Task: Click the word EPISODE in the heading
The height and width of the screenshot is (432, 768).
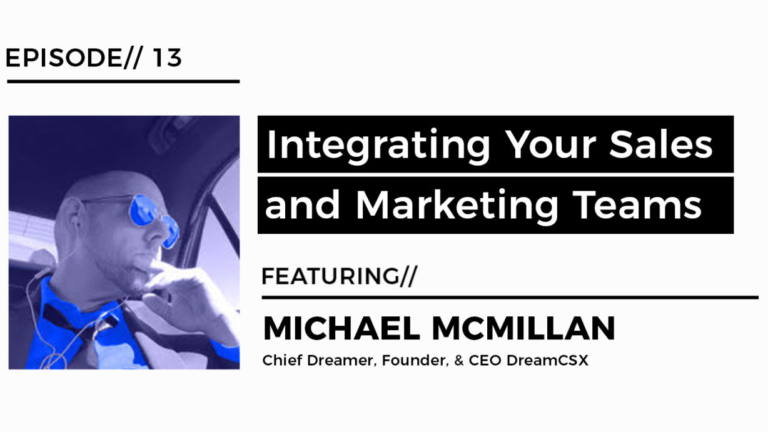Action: (x=64, y=58)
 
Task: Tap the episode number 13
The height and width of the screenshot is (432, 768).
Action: (x=167, y=58)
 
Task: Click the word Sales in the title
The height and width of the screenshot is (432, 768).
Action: (x=660, y=144)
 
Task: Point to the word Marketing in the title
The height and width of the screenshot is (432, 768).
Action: (x=457, y=205)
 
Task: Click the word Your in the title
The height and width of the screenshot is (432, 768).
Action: (x=550, y=144)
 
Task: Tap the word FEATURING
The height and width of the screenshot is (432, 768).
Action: (x=330, y=276)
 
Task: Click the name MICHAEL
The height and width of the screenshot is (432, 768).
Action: (x=341, y=328)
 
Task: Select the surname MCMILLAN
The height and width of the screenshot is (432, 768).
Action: (x=523, y=328)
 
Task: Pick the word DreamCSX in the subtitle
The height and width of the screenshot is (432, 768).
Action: (x=547, y=360)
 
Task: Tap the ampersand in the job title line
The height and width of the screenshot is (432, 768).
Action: (x=459, y=360)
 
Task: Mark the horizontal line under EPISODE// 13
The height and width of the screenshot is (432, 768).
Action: (x=123, y=82)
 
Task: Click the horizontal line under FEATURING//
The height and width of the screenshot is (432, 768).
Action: (x=510, y=298)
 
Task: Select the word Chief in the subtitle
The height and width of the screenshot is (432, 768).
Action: (x=282, y=360)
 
